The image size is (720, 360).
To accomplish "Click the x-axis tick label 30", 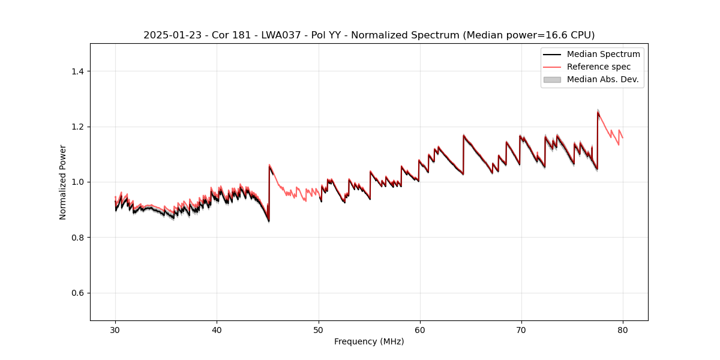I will pos(115,330).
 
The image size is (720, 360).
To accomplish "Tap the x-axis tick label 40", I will pos(217,330).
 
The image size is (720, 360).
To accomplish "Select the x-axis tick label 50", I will pos(318,330).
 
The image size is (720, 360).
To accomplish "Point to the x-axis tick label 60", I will pos(420,330).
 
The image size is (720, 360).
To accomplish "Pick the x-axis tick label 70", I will pos(521,330).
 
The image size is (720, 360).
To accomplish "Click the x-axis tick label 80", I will pos(623,330).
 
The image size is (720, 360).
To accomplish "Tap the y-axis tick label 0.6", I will pos(77,293).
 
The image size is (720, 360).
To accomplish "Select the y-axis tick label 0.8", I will pos(77,238).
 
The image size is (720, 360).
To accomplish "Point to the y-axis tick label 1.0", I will pos(77,182).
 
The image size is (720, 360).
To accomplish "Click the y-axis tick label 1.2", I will pos(77,127).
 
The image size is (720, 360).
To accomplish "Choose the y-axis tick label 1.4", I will pos(77,71).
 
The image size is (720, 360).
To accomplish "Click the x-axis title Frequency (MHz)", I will pos(369,342).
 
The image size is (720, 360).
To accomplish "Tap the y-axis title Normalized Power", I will pos(63,182).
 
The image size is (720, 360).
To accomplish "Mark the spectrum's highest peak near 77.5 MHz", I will pos(598,112).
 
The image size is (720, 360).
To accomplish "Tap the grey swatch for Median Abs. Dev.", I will pos(552,79).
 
